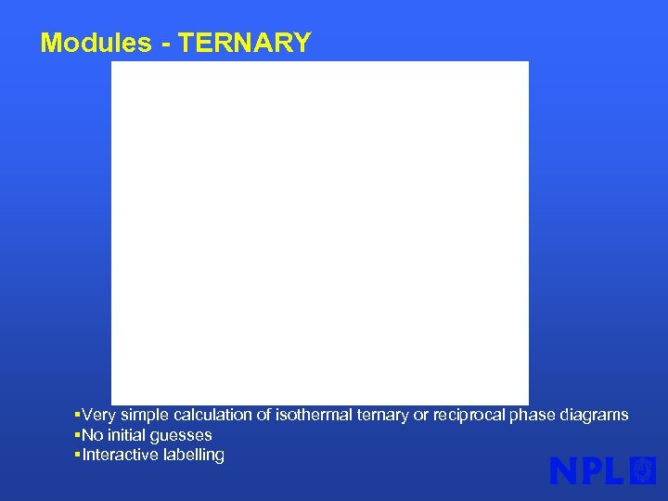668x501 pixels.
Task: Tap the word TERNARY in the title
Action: point(245,43)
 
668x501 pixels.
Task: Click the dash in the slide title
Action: point(168,44)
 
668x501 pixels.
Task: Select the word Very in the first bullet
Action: point(98,415)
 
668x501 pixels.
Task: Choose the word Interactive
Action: point(120,455)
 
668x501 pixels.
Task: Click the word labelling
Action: point(193,455)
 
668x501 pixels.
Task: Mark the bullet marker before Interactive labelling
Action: point(77,455)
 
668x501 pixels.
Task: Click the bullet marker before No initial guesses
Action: point(77,435)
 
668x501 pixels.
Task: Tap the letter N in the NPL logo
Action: point(565,470)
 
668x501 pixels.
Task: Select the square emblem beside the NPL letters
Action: point(643,470)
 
